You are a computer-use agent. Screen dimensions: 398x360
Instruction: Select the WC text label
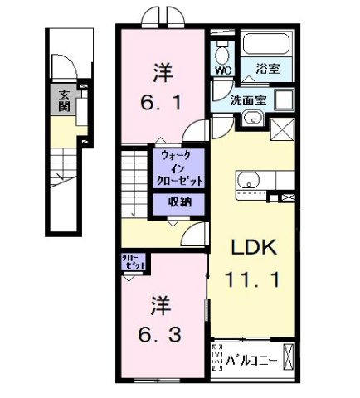222,71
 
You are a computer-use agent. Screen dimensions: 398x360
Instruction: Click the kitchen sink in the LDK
249,180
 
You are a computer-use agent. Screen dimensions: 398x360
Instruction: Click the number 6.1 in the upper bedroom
163,104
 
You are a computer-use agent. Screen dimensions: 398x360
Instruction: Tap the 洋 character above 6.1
163,73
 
